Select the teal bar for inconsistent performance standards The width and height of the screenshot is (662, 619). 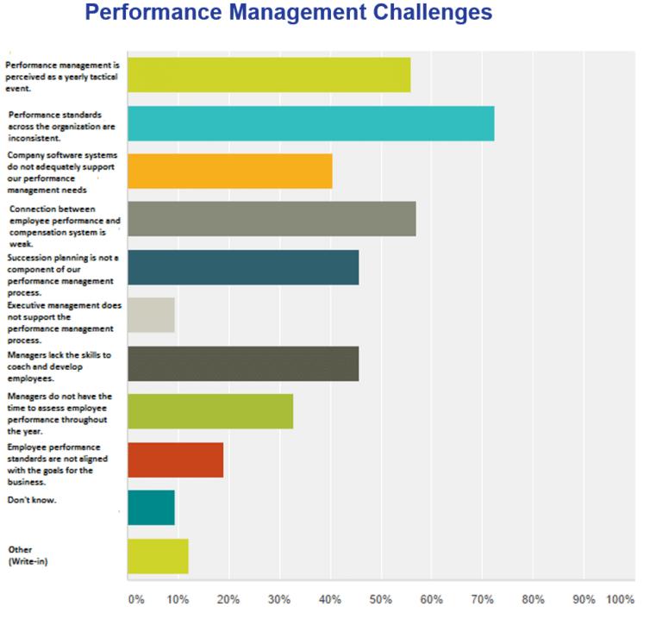[x=310, y=123]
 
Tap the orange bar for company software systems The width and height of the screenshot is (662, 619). [x=229, y=171]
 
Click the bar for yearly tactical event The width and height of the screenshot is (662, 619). [x=269, y=75]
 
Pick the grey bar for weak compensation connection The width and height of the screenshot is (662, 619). [x=272, y=219]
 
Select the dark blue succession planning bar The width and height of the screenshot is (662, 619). [x=243, y=267]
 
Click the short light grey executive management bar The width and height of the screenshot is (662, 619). [x=151, y=316]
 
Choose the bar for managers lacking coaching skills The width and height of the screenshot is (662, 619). [x=243, y=363]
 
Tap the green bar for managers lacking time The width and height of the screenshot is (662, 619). [x=210, y=411]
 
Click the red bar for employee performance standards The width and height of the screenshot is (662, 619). [x=175, y=460]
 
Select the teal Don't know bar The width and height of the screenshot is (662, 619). [x=151, y=508]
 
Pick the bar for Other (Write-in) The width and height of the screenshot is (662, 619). [x=158, y=556]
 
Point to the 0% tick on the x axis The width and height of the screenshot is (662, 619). [x=135, y=599]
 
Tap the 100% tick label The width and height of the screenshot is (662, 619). [x=620, y=599]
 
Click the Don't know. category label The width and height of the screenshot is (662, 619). [x=32, y=499]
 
